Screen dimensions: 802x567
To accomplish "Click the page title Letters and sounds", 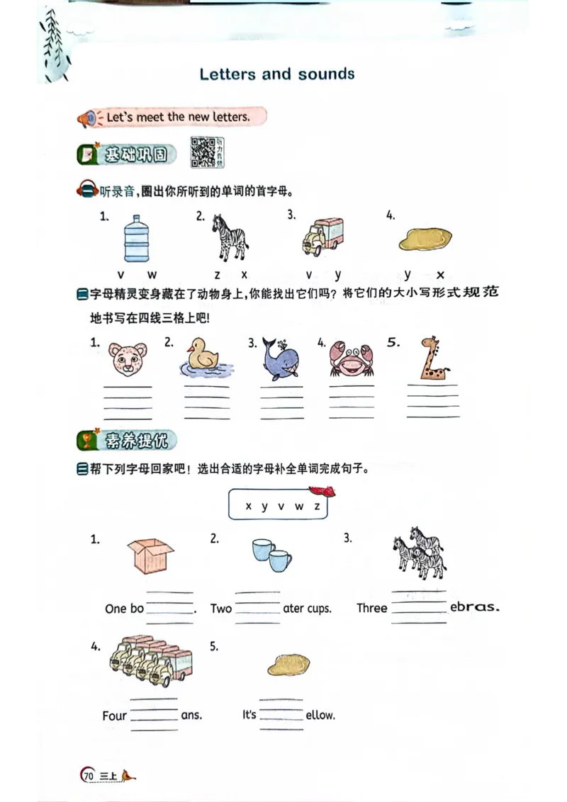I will pyautogui.click(x=277, y=74).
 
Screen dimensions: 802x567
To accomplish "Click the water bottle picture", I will pyautogui.click(x=135, y=239).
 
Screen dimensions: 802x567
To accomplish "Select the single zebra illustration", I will pyautogui.click(x=229, y=237).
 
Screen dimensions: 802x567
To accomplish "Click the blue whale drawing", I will pyautogui.click(x=279, y=358).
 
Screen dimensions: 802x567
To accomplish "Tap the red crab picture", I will pyautogui.click(x=351, y=358).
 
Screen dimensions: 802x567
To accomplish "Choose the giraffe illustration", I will pyautogui.click(x=432, y=358).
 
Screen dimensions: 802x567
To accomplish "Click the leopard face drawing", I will pyautogui.click(x=128, y=360).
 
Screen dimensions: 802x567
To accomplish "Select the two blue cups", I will pyautogui.click(x=271, y=555).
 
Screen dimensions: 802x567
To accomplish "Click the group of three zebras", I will pyautogui.click(x=419, y=552).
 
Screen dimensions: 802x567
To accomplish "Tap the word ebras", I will pyautogui.click(x=475, y=607).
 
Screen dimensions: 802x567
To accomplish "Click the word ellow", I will pyautogui.click(x=320, y=716).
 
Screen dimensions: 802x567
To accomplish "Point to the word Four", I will pyautogui.click(x=114, y=716).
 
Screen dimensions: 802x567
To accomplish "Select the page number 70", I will pyautogui.click(x=89, y=776).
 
